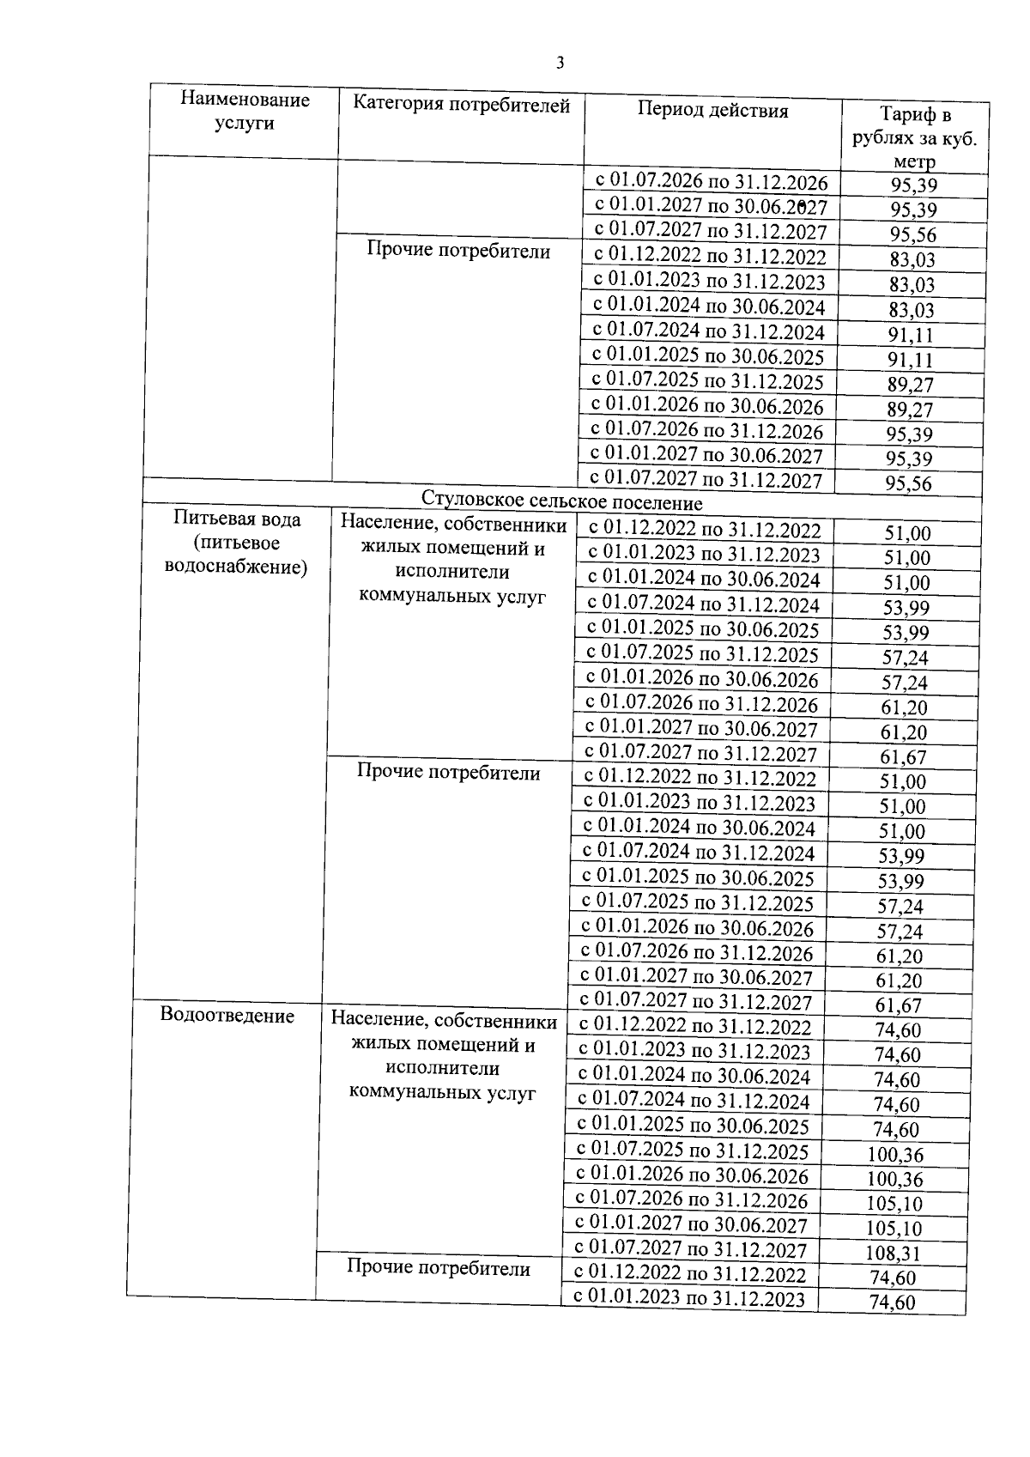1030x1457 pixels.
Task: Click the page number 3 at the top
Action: (x=560, y=63)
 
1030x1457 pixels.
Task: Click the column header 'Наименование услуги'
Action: (x=245, y=112)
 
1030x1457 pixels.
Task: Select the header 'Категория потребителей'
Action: (x=462, y=106)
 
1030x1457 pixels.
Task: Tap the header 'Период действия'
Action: (x=712, y=111)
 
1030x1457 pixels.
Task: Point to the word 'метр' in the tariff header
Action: (x=913, y=161)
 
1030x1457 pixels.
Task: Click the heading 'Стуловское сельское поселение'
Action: (x=561, y=502)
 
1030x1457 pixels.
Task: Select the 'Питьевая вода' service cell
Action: (x=237, y=543)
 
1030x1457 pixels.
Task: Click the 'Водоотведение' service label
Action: (x=227, y=1016)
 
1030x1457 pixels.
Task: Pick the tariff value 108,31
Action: (x=894, y=1254)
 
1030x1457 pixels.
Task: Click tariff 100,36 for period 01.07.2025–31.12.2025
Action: (x=895, y=1154)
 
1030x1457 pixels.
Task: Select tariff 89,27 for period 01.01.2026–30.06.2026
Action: (x=910, y=410)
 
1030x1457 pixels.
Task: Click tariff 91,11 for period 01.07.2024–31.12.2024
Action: (x=911, y=335)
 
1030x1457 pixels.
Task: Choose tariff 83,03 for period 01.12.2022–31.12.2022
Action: (x=912, y=260)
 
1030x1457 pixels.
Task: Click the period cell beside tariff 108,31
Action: (x=691, y=1249)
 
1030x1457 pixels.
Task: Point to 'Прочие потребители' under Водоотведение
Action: (x=439, y=1268)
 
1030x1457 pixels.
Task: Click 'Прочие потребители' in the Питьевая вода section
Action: (x=448, y=773)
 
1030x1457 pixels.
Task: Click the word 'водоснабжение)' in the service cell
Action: (x=235, y=568)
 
